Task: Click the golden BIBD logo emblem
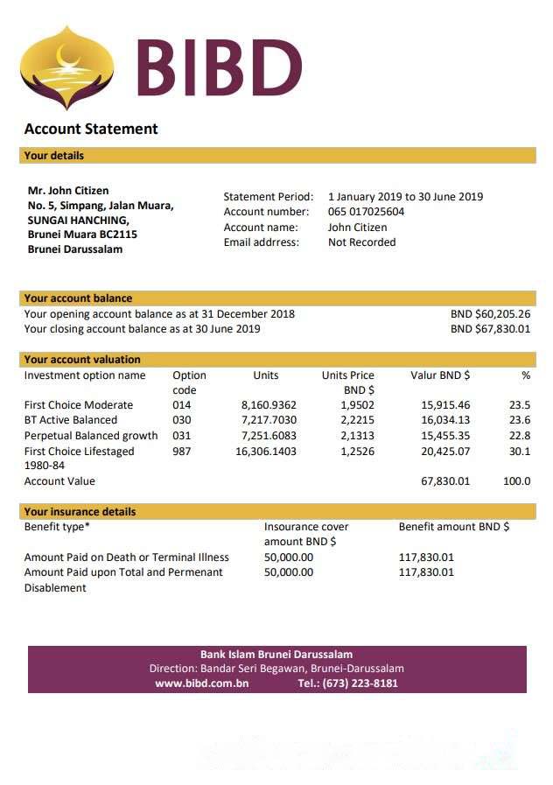pos(66,67)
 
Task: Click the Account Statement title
pos(91,129)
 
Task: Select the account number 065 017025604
pos(366,212)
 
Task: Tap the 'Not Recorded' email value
pos(361,242)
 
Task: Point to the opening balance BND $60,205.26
pos(490,314)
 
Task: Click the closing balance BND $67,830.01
pos(490,329)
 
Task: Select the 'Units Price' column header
pos(347,375)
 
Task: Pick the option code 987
pos(182,452)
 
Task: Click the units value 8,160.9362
pos(269,405)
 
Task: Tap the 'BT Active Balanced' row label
pos(71,420)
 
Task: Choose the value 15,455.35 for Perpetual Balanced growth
pos(445,436)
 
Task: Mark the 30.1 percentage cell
pos(520,452)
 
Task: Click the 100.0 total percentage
pos(516,481)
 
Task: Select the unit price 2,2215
pos(357,420)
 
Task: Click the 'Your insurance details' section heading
pos(80,512)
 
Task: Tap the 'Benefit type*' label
pos(57,527)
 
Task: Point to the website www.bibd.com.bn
pos(201,683)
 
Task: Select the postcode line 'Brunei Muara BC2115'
pos(82,235)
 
